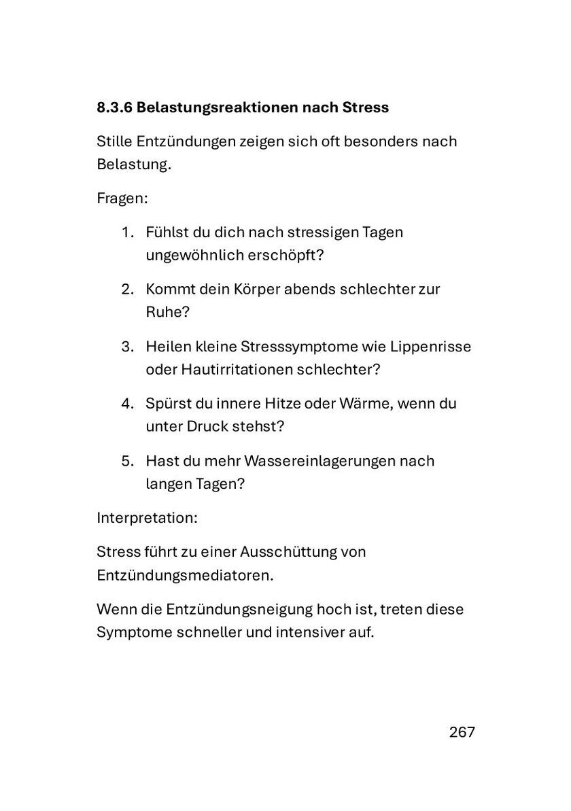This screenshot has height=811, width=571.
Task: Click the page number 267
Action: click(462, 732)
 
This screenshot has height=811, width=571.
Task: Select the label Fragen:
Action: click(122, 199)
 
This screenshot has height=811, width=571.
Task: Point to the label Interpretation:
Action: click(147, 517)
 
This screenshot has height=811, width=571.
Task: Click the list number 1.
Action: click(127, 232)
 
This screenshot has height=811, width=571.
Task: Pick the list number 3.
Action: click(127, 346)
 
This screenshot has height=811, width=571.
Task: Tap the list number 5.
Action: click(127, 460)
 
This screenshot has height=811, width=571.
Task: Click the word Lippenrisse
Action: click(430, 346)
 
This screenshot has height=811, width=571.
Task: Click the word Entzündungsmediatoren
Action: click(185, 575)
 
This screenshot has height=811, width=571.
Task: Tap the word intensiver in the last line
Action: click(309, 632)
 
